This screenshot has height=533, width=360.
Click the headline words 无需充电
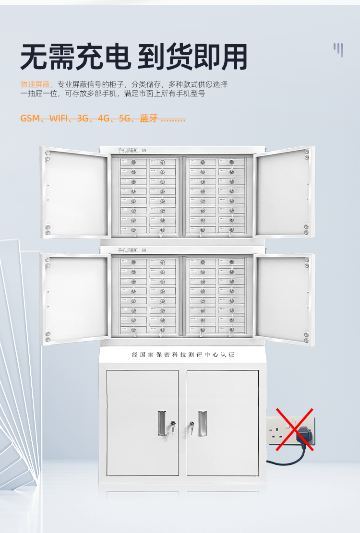75,57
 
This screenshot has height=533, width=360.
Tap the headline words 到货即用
192,57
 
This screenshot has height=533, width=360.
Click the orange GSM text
30,118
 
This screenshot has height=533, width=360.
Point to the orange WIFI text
58,118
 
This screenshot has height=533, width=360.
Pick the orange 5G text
125,118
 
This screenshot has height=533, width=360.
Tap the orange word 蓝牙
148,118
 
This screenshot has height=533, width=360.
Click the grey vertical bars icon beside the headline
338,49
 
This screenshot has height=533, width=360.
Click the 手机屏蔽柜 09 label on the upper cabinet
132,151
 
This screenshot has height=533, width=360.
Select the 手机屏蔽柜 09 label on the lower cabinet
132,250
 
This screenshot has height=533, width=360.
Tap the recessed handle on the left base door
161,423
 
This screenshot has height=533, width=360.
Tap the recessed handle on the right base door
203,423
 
